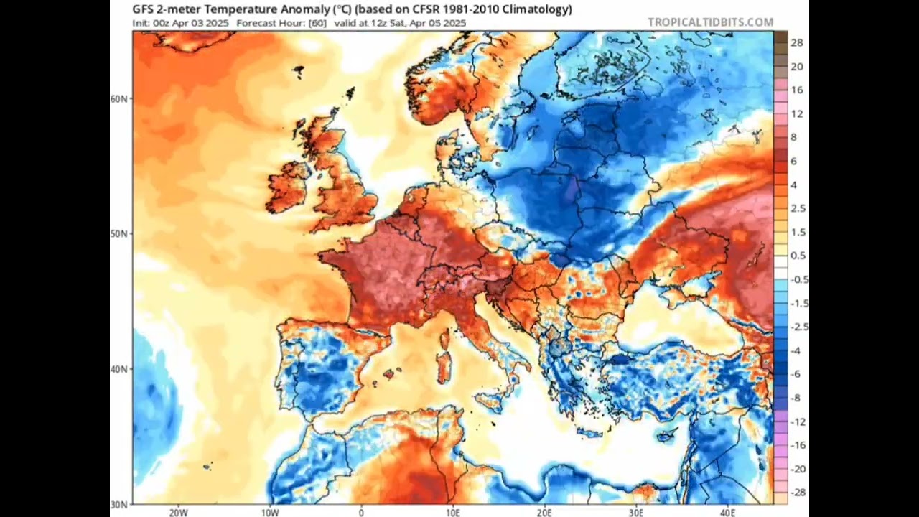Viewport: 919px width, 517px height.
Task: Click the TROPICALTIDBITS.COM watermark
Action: (x=710, y=22)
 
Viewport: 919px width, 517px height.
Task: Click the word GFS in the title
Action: (x=143, y=9)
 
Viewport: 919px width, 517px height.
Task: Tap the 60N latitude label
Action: (x=119, y=98)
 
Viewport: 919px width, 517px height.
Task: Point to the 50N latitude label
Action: (x=119, y=233)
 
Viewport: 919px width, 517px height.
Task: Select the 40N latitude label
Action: (x=119, y=368)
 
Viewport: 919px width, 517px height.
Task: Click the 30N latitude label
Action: (x=119, y=504)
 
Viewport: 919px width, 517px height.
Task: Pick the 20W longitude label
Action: (x=178, y=512)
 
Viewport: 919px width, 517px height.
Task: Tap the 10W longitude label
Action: (x=269, y=512)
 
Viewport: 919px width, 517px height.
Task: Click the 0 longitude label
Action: (x=361, y=512)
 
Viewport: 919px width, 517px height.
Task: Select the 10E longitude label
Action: (x=452, y=512)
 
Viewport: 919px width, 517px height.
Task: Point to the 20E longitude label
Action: (x=544, y=512)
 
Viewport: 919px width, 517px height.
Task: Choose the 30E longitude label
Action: (x=635, y=512)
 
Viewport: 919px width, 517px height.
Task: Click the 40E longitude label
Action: (x=727, y=512)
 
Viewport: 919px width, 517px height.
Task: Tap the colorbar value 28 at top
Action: (x=796, y=43)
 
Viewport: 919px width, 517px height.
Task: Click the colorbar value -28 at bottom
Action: (x=796, y=493)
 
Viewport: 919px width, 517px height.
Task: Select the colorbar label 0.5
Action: (x=798, y=256)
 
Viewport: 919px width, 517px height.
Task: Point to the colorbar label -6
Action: (x=796, y=374)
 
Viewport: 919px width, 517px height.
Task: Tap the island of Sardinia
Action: (x=444, y=367)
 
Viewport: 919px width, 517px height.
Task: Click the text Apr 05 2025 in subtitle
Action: (x=439, y=23)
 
